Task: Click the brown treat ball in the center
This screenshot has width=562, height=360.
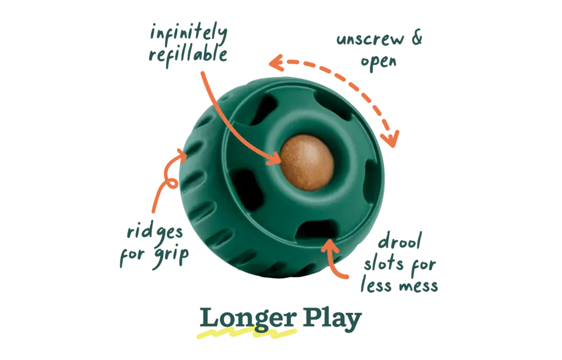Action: click(x=307, y=162)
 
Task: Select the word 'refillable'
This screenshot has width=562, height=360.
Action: click(x=188, y=56)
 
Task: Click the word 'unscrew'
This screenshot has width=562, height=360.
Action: click(x=370, y=39)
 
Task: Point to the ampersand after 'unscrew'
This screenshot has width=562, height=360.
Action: click(x=417, y=37)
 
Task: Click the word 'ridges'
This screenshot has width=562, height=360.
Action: click(x=155, y=232)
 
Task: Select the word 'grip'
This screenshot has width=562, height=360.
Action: click(x=171, y=256)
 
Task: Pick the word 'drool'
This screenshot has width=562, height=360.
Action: click(x=400, y=241)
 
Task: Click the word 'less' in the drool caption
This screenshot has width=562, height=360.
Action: click(x=377, y=285)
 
